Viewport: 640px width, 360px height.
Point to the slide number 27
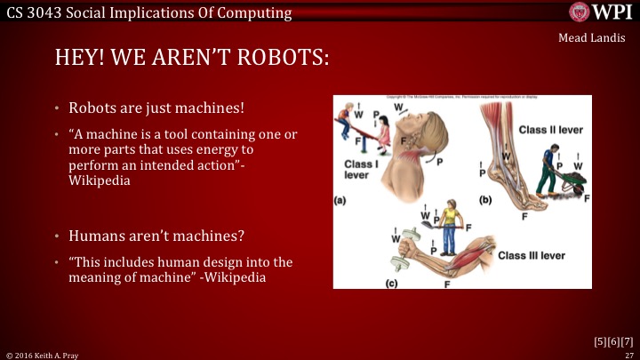coord(628,354)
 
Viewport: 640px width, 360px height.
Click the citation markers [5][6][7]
coord(613,340)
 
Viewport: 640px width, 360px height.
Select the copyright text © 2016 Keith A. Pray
coord(43,354)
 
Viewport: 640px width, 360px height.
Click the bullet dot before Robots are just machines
coord(72,109)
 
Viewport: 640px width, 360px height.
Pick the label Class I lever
coord(363,170)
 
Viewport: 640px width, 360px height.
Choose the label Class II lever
coord(550,130)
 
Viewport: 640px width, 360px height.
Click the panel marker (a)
coord(340,200)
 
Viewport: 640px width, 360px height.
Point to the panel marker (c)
coord(391,284)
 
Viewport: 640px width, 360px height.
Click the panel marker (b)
coord(485,200)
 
